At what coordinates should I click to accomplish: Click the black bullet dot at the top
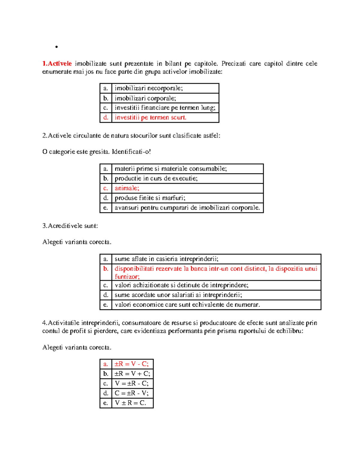coord(56,47)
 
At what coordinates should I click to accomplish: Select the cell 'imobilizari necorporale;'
coord(148,88)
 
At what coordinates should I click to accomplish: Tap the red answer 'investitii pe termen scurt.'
coord(150,118)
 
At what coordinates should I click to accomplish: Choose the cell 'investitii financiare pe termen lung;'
coord(165,108)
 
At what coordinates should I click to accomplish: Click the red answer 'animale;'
coord(127,188)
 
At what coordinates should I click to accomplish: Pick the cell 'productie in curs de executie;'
coord(156,179)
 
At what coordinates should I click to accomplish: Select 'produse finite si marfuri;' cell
coord(150,198)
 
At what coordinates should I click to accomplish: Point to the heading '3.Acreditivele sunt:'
coord(70,226)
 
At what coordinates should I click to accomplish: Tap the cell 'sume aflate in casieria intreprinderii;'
coord(166,259)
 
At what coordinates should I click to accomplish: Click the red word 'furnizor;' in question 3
coord(127,277)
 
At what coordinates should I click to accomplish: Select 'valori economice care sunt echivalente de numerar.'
coord(187,305)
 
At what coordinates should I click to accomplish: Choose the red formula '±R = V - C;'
coord(132,364)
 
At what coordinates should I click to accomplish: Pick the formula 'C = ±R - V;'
coord(132,393)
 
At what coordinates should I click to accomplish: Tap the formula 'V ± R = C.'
coord(130,403)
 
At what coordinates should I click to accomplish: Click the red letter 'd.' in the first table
coord(106,118)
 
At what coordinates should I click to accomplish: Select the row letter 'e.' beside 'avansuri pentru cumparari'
coord(106,208)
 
